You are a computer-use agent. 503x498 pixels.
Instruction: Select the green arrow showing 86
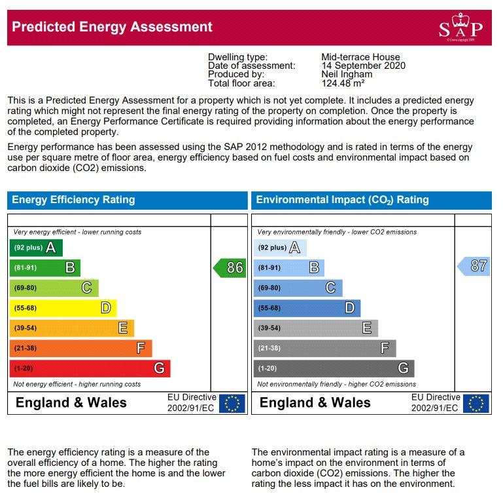click(x=230, y=267)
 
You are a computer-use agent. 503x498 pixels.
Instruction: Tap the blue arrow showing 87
click(x=474, y=266)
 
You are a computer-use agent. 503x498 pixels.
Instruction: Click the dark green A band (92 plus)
click(x=36, y=248)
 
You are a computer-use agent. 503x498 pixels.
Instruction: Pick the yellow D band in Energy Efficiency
click(x=63, y=308)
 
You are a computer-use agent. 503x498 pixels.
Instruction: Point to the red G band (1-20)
click(x=90, y=368)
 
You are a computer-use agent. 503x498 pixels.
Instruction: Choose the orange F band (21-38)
click(x=81, y=348)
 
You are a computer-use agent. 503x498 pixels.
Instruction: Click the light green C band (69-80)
click(x=54, y=288)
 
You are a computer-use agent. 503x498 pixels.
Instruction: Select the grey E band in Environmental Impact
click(x=316, y=328)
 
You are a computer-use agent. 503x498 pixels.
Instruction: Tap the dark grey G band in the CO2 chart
click(x=334, y=368)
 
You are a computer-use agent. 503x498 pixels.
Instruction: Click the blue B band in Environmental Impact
click(x=288, y=267)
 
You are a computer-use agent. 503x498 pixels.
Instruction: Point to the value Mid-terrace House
click(x=360, y=57)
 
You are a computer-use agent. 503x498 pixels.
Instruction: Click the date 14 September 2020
click(x=364, y=66)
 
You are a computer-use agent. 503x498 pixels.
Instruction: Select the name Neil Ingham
click(x=347, y=74)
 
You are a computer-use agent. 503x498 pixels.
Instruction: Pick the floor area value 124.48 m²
click(x=343, y=83)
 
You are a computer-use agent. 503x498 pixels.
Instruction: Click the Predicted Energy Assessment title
click(x=112, y=27)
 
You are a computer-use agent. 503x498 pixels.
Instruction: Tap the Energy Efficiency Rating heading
click(x=73, y=200)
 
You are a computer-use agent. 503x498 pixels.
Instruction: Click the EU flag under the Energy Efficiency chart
click(x=232, y=403)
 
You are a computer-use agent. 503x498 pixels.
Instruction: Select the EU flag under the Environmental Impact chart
click(x=476, y=403)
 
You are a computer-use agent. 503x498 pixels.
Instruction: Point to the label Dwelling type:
click(x=237, y=57)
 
